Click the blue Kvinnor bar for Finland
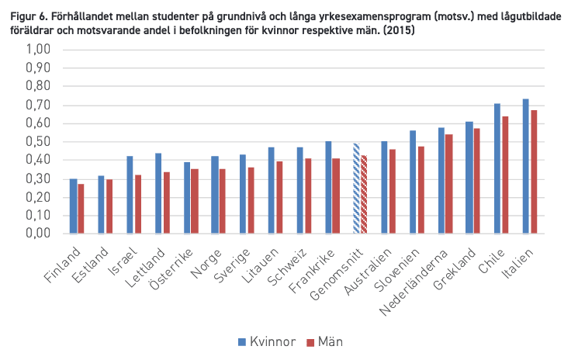coord(74,206)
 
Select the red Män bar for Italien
coord(534,171)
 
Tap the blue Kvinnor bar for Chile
coord(497,168)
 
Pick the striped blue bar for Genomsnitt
coord(356,189)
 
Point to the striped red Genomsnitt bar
coord(364,194)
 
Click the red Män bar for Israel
coord(138,204)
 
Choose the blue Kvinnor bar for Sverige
coord(243,194)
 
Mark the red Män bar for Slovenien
coord(421,190)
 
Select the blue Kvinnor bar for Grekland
coord(469,178)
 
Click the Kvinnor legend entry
coord(267,342)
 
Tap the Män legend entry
coord(325,342)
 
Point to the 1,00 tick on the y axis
coord(38,49)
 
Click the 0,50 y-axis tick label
coord(38,141)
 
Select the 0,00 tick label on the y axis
coord(38,234)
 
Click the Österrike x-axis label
coord(171,269)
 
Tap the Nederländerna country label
coord(414,282)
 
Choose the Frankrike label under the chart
coord(312,271)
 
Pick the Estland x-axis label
coord(90,265)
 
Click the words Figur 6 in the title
coord(28,16)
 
